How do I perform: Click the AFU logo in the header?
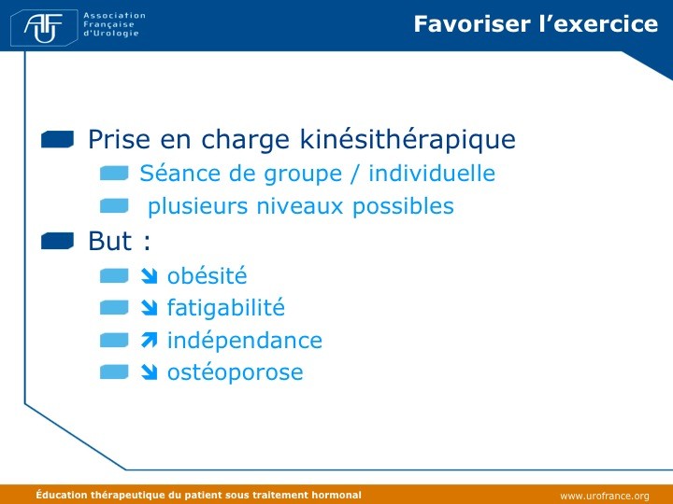[x=44, y=28]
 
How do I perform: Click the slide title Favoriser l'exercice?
[x=536, y=24]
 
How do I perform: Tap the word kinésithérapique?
[x=408, y=139]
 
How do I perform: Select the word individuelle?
[x=432, y=174]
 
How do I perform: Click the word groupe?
[x=303, y=175]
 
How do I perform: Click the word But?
[x=110, y=241]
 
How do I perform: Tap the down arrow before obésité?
[x=149, y=276]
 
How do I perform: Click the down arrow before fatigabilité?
[x=149, y=308]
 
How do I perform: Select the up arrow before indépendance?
[x=149, y=341]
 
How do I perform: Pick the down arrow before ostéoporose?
[x=149, y=372]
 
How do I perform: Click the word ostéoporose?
[x=236, y=372]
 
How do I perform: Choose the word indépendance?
[x=245, y=341]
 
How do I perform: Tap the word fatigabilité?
[x=226, y=308]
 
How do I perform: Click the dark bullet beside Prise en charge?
[x=58, y=139]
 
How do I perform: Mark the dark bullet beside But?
[x=58, y=241]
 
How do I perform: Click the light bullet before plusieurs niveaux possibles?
[x=114, y=205]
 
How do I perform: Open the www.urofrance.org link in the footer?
[x=605, y=496]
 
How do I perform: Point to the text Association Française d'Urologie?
[x=114, y=24]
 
